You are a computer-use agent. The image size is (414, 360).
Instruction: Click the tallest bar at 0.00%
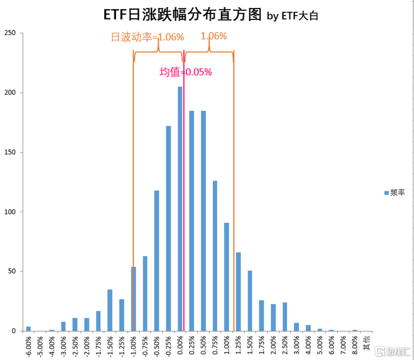click(180, 209)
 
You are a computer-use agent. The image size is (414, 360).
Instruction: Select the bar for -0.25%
click(168, 228)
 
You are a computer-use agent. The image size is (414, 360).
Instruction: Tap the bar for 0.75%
click(215, 256)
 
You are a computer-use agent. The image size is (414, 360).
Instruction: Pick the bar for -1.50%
click(110, 310)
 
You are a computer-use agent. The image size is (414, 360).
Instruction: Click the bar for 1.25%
click(238, 292)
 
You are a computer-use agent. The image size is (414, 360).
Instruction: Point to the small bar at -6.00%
click(28, 329)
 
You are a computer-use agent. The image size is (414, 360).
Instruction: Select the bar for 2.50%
click(285, 317)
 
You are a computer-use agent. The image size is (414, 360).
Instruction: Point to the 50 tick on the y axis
click(12, 271)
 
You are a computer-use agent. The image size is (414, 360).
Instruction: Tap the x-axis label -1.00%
click(134, 347)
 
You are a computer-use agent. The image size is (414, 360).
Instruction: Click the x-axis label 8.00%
click(355, 345)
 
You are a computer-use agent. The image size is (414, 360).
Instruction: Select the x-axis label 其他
click(367, 343)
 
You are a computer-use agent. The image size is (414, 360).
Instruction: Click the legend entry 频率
click(394, 192)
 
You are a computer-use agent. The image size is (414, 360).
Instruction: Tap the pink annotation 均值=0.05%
click(186, 72)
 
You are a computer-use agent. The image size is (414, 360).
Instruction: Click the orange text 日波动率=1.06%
click(147, 37)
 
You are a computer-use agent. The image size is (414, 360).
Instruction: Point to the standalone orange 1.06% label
click(213, 36)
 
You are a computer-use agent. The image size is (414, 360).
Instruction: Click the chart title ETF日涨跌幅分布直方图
click(182, 14)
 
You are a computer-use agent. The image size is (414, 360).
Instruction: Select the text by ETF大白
click(292, 16)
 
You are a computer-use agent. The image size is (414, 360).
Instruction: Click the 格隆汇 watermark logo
click(392, 351)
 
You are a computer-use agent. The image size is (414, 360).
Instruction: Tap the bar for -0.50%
click(157, 261)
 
